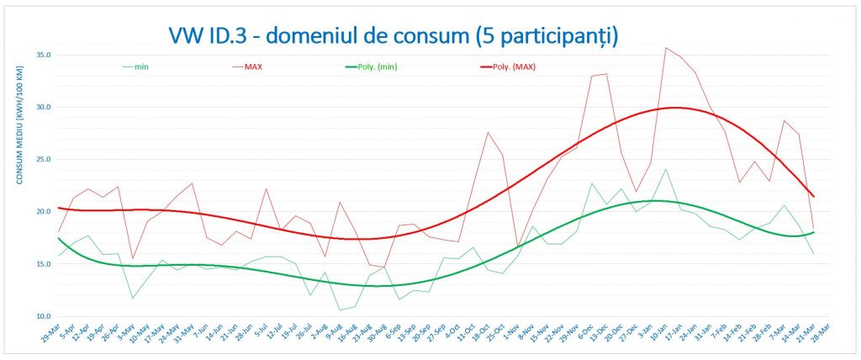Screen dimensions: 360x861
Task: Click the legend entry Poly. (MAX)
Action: tap(513, 66)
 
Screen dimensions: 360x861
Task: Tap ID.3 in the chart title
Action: tap(238, 34)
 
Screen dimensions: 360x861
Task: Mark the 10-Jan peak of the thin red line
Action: tap(666, 48)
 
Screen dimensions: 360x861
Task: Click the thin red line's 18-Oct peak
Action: tap(488, 132)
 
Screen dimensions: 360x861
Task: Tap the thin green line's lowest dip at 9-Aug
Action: tap(340, 310)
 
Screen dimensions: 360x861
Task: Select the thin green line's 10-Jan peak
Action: tap(666, 169)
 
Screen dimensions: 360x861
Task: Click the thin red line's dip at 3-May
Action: tap(133, 259)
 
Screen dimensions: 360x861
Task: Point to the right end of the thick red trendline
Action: tap(813, 196)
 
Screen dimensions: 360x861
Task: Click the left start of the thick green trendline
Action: tap(58, 238)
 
